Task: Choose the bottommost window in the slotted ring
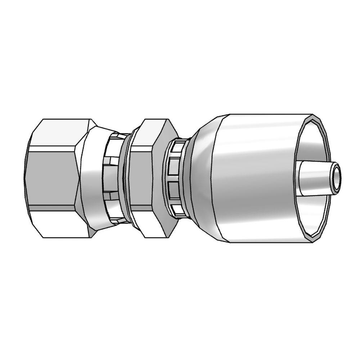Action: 177,210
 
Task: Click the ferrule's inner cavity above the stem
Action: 313,140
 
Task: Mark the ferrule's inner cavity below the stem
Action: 313,216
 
